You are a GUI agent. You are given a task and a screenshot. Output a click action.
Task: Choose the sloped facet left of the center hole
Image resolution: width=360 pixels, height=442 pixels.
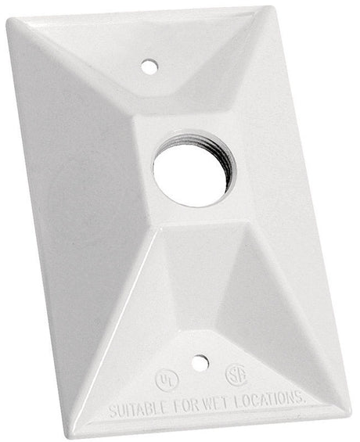click(86, 180)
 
